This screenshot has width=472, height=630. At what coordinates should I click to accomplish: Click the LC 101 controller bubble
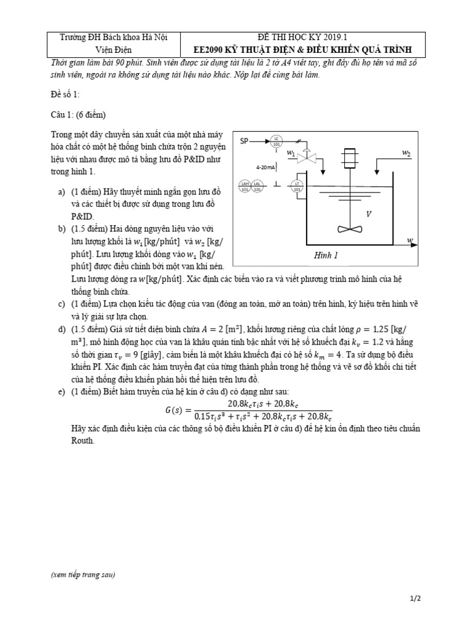(277, 141)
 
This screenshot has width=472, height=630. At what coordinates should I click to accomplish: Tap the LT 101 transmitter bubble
(297, 185)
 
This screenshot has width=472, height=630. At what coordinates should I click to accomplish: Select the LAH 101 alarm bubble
(246, 185)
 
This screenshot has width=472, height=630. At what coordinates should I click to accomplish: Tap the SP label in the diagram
(244, 141)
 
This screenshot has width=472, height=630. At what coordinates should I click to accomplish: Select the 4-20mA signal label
(266, 167)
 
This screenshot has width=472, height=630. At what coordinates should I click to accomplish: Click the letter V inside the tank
(369, 214)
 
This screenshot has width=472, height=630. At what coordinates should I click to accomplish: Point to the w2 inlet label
(406, 152)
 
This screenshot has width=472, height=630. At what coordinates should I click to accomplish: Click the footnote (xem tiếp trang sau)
(83, 575)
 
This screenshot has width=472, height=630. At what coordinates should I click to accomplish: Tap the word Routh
(83, 441)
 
